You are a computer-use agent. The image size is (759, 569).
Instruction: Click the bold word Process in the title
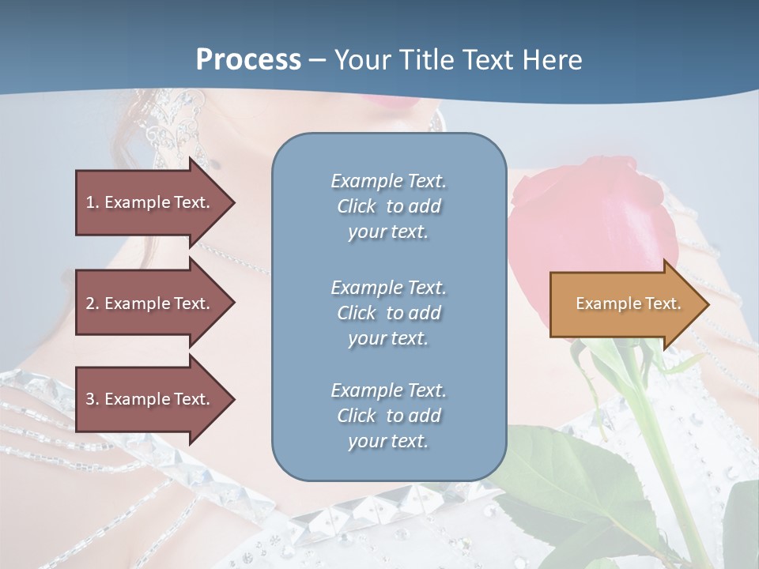[248, 60]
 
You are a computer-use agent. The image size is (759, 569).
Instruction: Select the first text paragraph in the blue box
[388, 206]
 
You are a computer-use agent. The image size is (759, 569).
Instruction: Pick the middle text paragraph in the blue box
[388, 313]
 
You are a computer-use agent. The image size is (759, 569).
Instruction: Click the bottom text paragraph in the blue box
[388, 416]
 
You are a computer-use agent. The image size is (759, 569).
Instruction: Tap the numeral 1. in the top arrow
[92, 202]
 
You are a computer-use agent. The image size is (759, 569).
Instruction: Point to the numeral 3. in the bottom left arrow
[92, 399]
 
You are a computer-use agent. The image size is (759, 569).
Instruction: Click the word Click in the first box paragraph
[356, 206]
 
